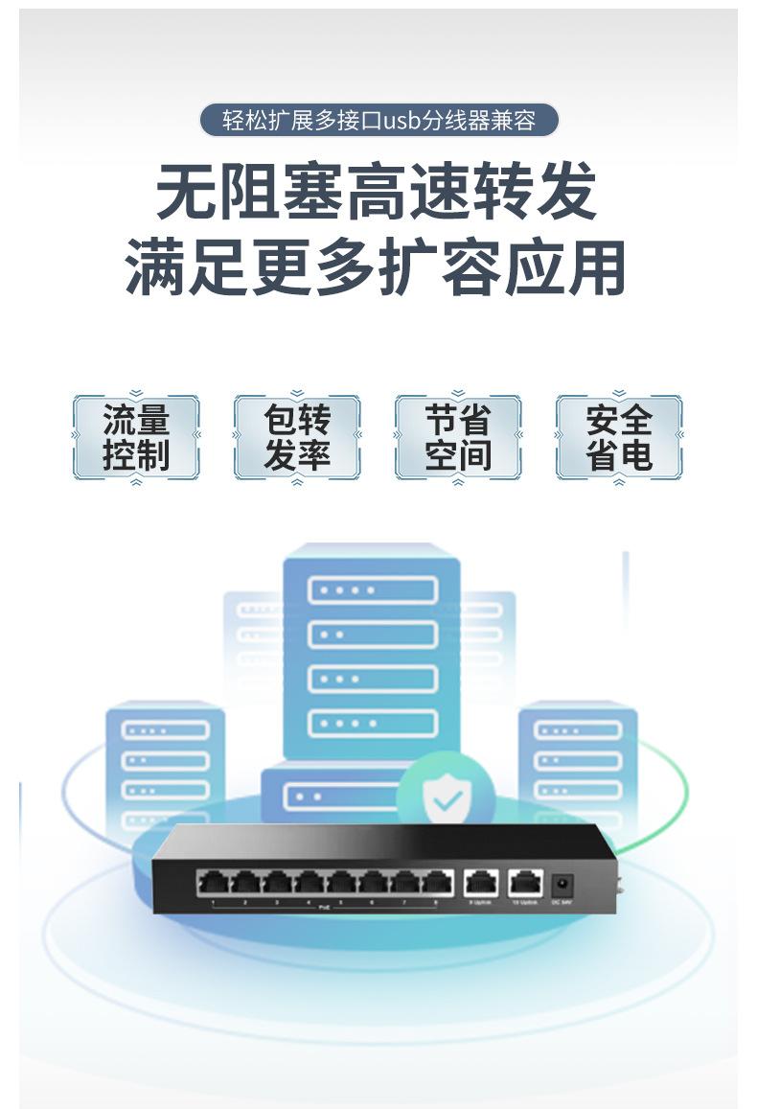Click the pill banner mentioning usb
[378, 121]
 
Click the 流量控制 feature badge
[136, 438]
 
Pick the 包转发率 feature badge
[297, 438]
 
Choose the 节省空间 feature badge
[458, 438]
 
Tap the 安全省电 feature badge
[619, 438]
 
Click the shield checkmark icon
[445, 797]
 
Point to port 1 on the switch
[213, 882]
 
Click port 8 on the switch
[437, 882]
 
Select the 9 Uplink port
[480, 882]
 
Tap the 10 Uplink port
[525, 882]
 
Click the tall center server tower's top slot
[372, 589]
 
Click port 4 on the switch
[309, 882]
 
